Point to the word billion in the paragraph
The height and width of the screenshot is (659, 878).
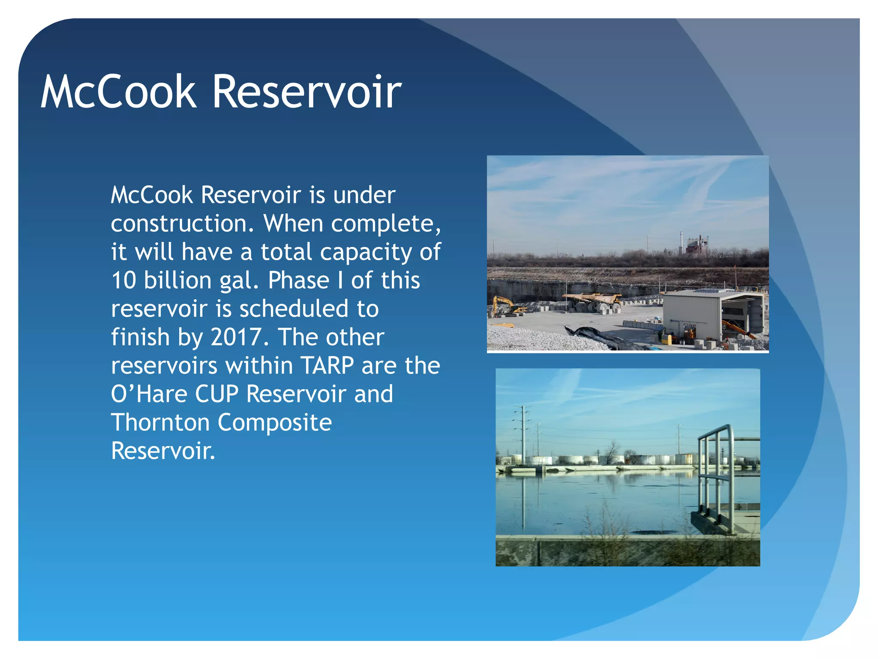point(177,281)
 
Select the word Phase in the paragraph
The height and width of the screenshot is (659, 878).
point(298,281)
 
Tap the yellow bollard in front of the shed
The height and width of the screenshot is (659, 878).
point(665,339)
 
